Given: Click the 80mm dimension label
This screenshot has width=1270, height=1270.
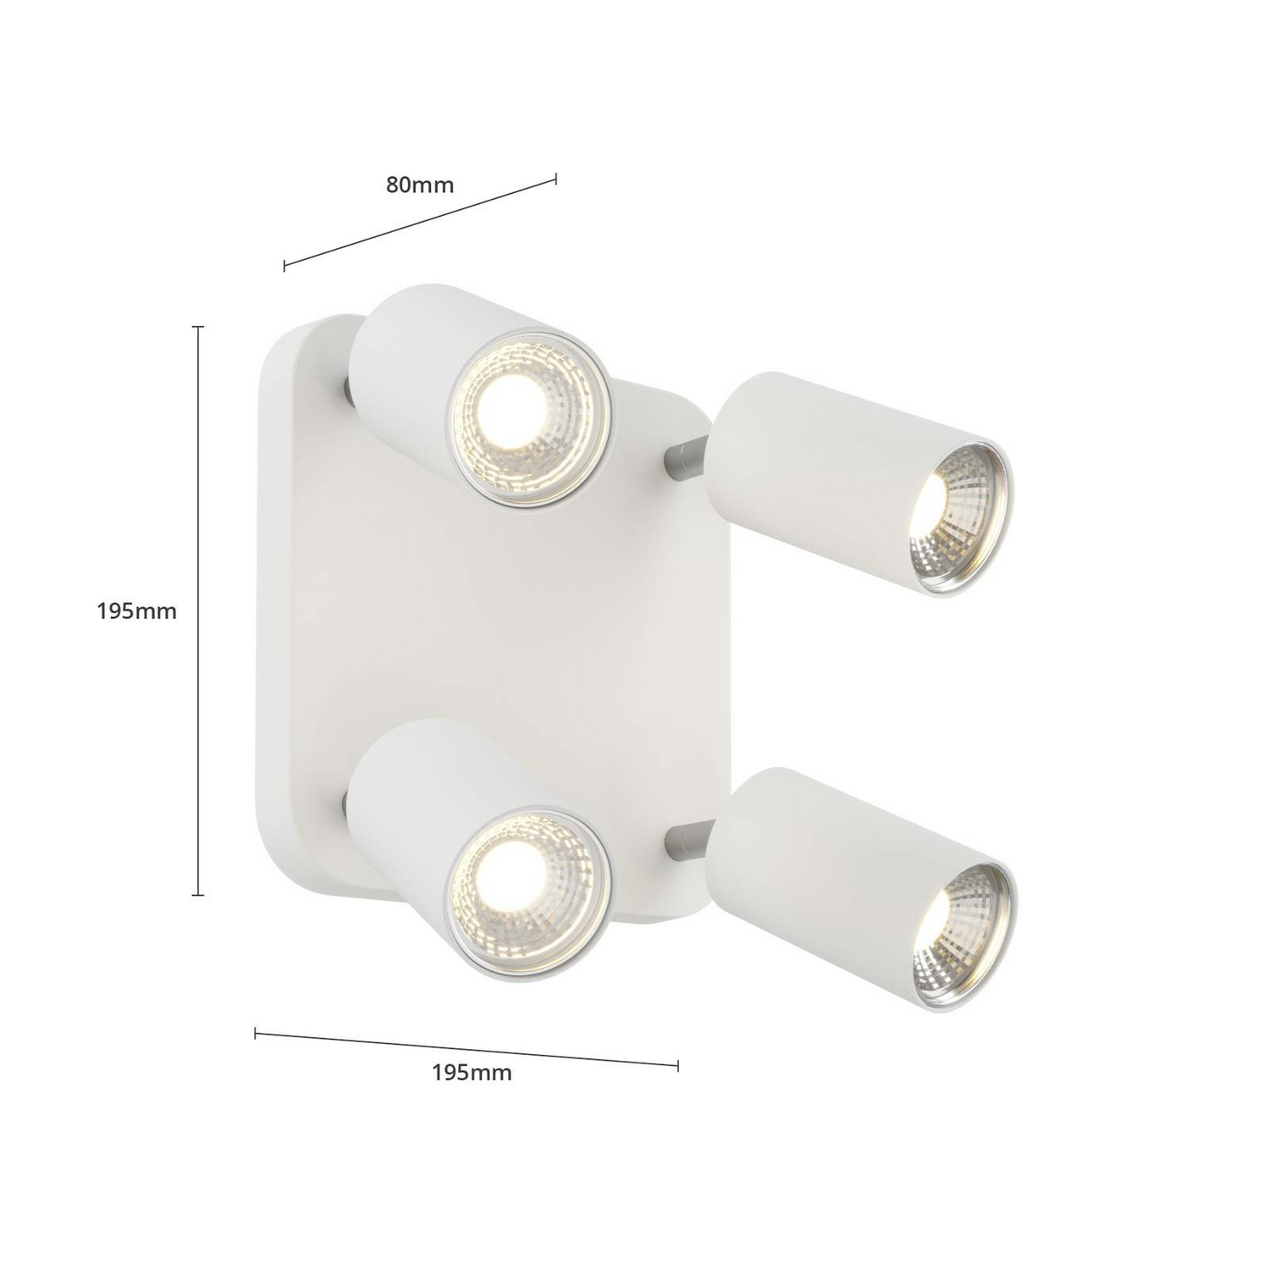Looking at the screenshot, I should [420, 185].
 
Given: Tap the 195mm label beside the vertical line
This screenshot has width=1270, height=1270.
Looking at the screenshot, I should [136, 610].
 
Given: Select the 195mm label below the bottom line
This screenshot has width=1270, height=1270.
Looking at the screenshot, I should [472, 1073].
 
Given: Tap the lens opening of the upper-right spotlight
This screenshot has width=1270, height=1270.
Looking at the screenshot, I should [960, 518].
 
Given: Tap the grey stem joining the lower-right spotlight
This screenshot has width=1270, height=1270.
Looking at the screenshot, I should [686, 837].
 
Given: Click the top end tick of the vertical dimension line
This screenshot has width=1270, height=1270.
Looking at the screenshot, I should [199, 327].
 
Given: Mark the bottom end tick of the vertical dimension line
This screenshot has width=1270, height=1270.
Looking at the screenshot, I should [199, 894].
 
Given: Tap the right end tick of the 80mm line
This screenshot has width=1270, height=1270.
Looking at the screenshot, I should [555, 178].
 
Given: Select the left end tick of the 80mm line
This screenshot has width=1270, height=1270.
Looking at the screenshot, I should [284, 266].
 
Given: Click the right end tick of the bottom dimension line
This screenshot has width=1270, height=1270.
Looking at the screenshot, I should [677, 1065].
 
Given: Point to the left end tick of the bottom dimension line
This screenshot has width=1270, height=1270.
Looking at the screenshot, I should [256, 1033].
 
